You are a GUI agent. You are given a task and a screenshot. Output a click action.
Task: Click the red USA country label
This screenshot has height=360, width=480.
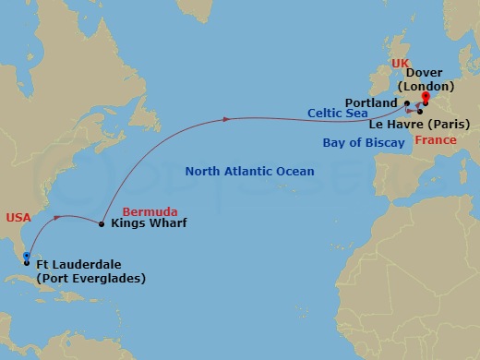pyautogui.click(x=18, y=217)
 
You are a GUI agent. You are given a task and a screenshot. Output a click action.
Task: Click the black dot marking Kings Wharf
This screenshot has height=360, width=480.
pyautogui.click(x=102, y=223)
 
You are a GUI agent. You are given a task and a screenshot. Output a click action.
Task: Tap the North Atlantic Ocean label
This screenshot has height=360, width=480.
pyautogui.click(x=249, y=172)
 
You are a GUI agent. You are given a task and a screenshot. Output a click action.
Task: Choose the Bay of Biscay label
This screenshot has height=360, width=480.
pyautogui.click(x=362, y=142)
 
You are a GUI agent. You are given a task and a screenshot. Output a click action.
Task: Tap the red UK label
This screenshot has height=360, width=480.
pyautogui.click(x=399, y=63)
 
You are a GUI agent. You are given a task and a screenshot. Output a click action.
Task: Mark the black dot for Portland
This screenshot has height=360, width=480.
pyautogui.click(x=406, y=103)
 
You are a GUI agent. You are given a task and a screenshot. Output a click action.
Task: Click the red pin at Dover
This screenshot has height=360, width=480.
pyautogui.click(x=425, y=97)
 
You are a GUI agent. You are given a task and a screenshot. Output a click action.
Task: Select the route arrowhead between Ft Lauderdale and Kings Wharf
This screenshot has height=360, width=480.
pyautogui.click(x=60, y=218)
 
